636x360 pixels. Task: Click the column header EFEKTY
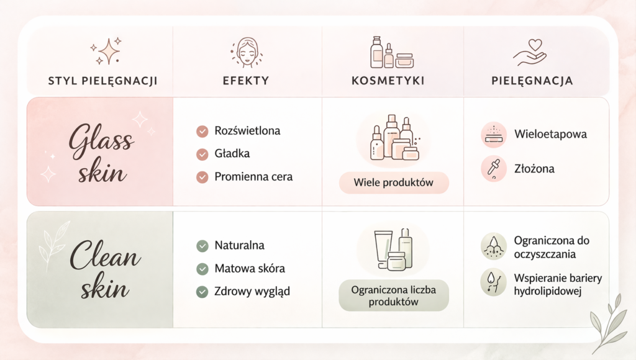(x=246, y=81)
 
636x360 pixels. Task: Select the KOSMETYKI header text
(x=388, y=81)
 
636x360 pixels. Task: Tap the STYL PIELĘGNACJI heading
(x=102, y=81)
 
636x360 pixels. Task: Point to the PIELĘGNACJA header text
(x=532, y=81)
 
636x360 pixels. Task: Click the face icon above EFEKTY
(x=247, y=52)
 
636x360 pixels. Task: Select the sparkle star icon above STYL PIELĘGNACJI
(x=106, y=51)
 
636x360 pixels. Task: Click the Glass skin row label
(x=101, y=152)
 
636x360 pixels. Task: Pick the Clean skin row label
(x=105, y=268)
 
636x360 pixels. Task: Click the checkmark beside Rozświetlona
(x=202, y=132)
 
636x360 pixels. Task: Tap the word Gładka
(x=232, y=154)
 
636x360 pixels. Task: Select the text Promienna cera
(x=253, y=177)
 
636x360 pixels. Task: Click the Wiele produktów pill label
(x=394, y=182)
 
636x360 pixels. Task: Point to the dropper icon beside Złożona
(x=494, y=168)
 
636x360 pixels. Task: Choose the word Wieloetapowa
(x=550, y=134)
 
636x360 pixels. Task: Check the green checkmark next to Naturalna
(x=202, y=246)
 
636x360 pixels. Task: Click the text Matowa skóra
(x=250, y=268)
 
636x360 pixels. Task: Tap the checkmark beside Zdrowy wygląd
(x=202, y=292)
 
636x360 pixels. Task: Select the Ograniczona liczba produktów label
(x=394, y=295)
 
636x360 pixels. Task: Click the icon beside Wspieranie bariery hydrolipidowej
(x=494, y=282)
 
